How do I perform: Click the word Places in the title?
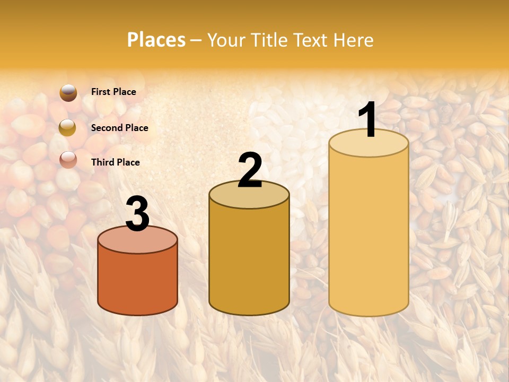156,40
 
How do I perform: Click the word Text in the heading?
312,40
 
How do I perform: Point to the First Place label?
113,92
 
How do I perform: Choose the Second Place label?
119,128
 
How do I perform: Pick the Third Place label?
116,162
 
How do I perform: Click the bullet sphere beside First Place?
68,92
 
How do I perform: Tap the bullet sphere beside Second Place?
67,127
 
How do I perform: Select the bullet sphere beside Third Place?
68,159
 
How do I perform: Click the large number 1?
368,120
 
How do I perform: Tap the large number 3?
137,214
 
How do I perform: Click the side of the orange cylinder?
137,281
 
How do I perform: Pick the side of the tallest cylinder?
368,233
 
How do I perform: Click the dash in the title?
196,40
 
